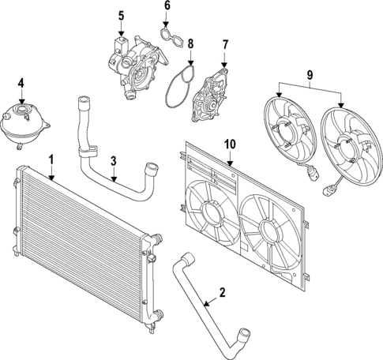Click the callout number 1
pyautogui.click(x=51, y=160)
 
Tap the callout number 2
pyautogui.click(x=222, y=292)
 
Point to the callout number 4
pyautogui.click(x=21, y=81)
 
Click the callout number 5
pyautogui.click(x=121, y=15)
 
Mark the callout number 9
pyautogui.click(x=309, y=77)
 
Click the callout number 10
pyautogui.click(x=230, y=144)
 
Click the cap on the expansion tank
pyautogui.click(x=21, y=101)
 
